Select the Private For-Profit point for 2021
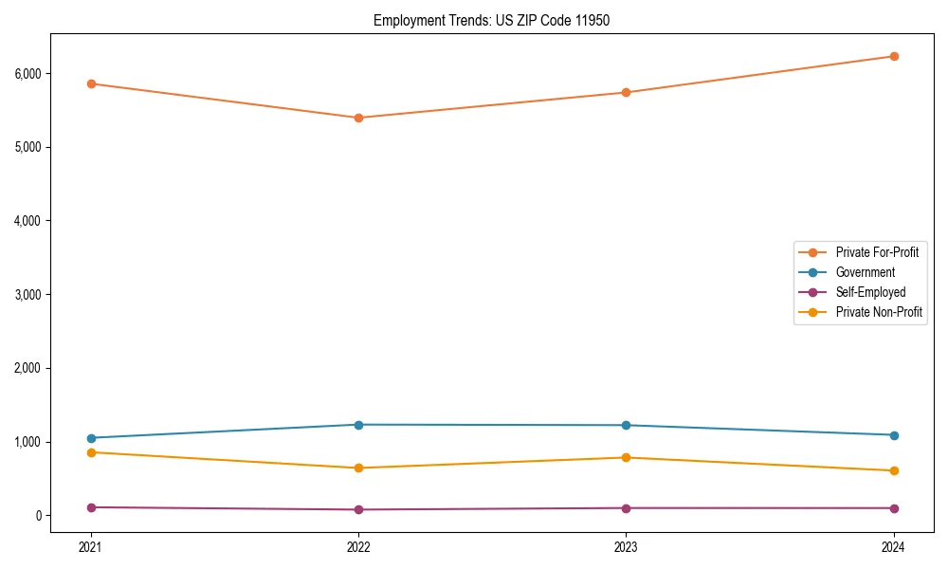point(91,83)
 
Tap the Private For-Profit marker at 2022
point(358,118)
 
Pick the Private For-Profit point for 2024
point(893,56)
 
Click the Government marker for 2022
point(358,425)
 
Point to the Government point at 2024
point(893,435)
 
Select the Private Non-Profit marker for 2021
point(91,452)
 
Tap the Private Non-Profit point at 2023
point(626,458)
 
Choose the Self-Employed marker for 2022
point(358,509)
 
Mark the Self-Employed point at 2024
point(893,508)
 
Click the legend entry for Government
point(865,272)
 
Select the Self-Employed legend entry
point(870,292)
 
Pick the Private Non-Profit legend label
point(879,312)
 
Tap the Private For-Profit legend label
point(877,252)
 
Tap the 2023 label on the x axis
point(626,546)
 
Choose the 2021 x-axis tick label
point(91,546)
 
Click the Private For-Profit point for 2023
point(626,92)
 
